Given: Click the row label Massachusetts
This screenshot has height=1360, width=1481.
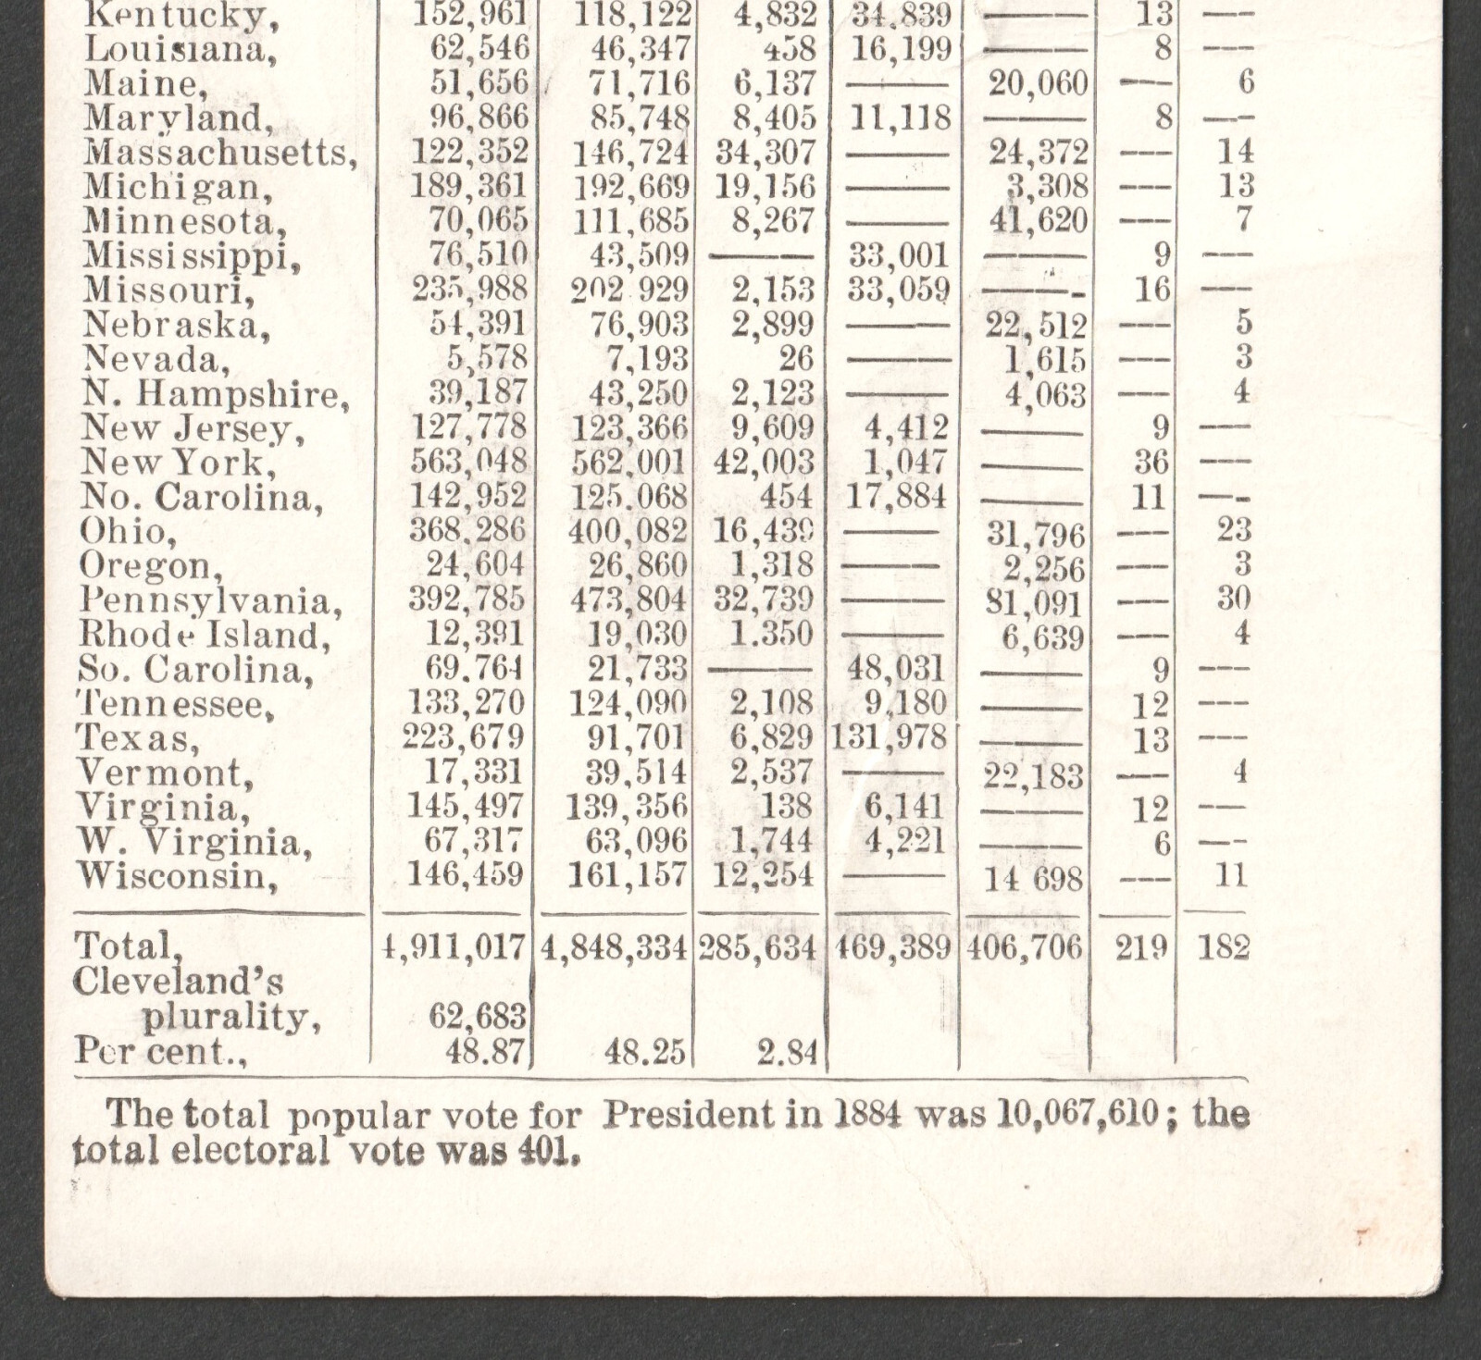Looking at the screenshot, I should click(x=219, y=153).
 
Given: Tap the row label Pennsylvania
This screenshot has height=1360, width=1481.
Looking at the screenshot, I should click(x=210, y=601).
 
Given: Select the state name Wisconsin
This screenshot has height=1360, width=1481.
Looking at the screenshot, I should click(x=177, y=875).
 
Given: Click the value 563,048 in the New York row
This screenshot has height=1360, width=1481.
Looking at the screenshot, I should click(x=468, y=461).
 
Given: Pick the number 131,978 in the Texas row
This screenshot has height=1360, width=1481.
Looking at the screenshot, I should click(x=889, y=737).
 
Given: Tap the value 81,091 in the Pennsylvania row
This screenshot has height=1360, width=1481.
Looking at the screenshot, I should click(x=1034, y=603).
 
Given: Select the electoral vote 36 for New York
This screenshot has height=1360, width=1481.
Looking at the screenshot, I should click(x=1152, y=462).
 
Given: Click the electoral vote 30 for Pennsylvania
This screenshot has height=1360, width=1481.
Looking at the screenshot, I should click(x=1234, y=599).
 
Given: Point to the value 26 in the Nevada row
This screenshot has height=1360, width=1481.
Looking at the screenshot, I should click(x=795, y=358).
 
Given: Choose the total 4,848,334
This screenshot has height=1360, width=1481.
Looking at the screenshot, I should click(x=614, y=947).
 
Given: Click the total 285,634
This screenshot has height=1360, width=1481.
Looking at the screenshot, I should click(x=757, y=947).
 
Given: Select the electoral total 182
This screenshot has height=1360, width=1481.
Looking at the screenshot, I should click(x=1223, y=947).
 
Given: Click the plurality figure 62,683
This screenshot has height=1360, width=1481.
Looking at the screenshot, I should click(x=478, y=1017).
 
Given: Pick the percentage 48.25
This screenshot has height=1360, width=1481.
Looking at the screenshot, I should click(x=645, y=1051).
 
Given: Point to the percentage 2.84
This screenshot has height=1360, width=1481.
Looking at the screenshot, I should click(x=786, y=1051).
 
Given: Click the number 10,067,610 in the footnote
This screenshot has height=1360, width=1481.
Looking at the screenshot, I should click(x=1077, y=1114).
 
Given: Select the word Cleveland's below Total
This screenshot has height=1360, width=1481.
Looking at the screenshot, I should click(x=178, y=982).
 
